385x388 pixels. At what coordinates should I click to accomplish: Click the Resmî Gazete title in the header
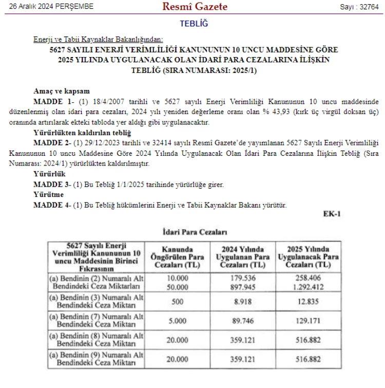[x=195, y=7]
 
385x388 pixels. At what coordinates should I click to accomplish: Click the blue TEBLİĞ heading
[x=194, y=24]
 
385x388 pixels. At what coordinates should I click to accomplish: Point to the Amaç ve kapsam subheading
[x=62, y=90]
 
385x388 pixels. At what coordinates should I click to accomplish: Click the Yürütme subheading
[x=48, y=195]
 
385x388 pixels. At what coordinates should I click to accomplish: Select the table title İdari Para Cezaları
[x=195, y=233]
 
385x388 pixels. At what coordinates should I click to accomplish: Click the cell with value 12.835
[x=308, y=302]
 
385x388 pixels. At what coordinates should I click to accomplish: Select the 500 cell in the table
[x=178, y=302]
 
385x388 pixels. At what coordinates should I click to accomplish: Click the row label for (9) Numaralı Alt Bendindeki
[x=97, y=359]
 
